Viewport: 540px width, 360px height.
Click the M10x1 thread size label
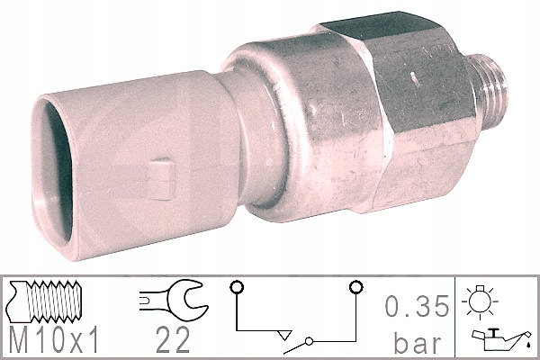pyautogui.click(x=54, y=339)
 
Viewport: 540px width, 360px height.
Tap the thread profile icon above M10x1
pyautogui.click(x=45, y=301)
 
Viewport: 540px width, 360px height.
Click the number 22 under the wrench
pyautogui.click(x=173, y=339)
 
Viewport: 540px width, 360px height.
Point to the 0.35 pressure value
pyautogui.click(x=417, y=306)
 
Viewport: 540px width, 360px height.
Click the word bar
pyautogui.click(x=418, y=342)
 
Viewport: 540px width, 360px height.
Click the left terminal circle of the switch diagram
pyautogui.click(x=237, y=287)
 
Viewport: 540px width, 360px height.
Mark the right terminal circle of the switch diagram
pyautogui.click(x=355, y=287)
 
